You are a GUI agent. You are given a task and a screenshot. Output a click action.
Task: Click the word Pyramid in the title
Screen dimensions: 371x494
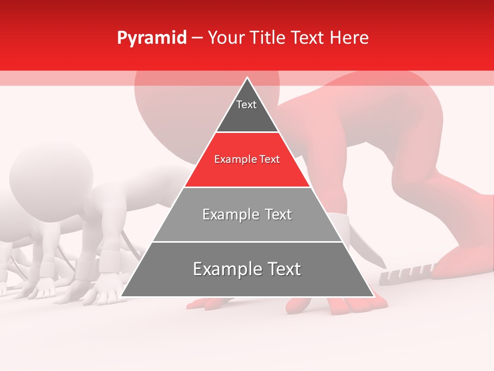[x=151, y=38]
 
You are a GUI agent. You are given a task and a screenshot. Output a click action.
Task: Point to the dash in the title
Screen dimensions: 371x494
[x=197, y=38]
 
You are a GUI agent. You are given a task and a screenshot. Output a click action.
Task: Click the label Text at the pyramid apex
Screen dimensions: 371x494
[x=246, y=105]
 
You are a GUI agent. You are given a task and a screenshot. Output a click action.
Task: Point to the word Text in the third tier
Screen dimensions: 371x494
[x=275, y=214]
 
